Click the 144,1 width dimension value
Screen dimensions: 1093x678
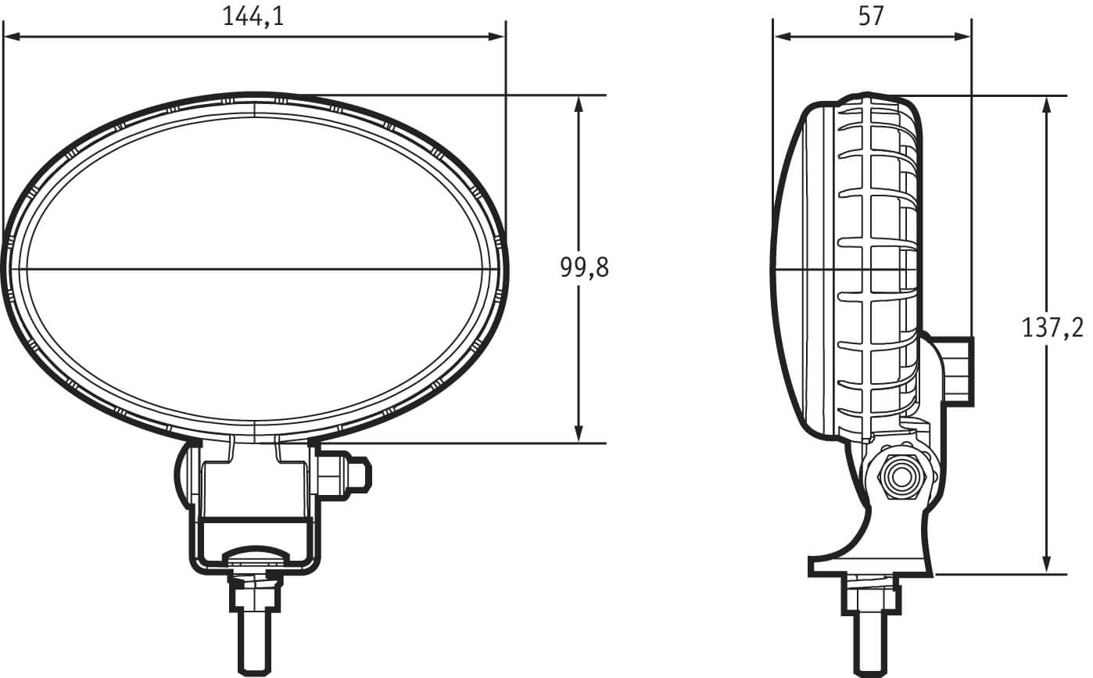(253, 16)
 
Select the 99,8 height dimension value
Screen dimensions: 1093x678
(584, 267)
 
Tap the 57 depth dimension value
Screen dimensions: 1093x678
(871, 16)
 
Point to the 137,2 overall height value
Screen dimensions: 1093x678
(1052, 328)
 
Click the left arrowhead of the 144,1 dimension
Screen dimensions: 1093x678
(12, 37)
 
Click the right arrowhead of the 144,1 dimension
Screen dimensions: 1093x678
(496, 37)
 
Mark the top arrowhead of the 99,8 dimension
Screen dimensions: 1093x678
(579, 105)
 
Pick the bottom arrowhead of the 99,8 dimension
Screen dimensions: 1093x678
(579, 434)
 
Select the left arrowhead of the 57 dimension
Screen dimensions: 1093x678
(782, 37)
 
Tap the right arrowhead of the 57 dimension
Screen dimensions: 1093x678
(962, 37)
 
